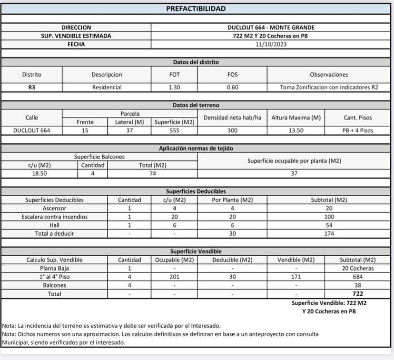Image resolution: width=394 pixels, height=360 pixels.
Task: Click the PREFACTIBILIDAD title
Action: [196, 9]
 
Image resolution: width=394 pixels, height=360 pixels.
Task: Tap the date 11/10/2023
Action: [271, 44]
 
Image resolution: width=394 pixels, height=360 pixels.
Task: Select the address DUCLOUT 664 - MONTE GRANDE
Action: [271, 28]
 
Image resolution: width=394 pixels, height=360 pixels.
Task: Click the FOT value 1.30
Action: [174, 88]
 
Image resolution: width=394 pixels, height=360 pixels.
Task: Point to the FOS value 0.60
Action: [232, 88]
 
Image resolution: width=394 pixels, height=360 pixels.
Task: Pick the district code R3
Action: [31, 88]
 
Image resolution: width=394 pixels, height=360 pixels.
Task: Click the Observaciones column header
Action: [329, 75]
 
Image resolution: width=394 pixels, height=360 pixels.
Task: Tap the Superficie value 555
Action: [174, 130]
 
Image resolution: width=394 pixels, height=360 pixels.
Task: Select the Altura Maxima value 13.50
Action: [295, 130]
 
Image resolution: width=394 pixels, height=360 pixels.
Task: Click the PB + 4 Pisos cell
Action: [357, 130]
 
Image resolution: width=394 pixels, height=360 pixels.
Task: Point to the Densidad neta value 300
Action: [232, 130]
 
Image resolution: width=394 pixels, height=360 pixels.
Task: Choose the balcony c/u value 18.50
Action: [39, 174]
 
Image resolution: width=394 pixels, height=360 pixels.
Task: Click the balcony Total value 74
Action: [152, 174]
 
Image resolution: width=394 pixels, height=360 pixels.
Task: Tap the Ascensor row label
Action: [54, 209]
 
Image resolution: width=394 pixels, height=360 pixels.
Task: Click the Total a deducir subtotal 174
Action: [329, 234]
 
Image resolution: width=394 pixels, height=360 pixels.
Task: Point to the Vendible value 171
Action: [295, 277]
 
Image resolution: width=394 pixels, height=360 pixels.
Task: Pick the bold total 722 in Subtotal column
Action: [357, 294]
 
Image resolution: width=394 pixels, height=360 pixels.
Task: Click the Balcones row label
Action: [54, 286]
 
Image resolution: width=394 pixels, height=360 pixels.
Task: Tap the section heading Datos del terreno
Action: [196, 105]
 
